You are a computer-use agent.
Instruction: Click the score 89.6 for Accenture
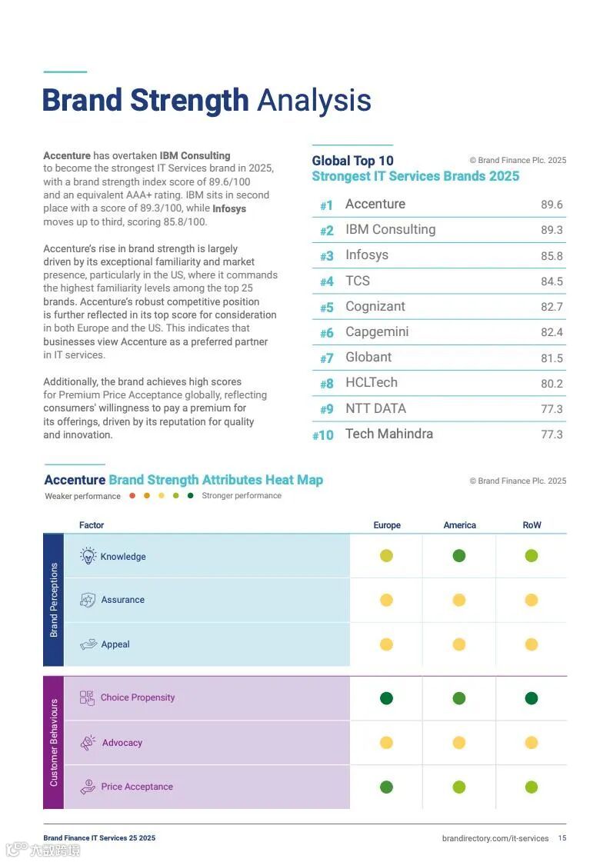point(552,205)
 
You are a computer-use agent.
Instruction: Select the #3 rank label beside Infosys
point(327,256)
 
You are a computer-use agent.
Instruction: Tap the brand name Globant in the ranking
point(368,358)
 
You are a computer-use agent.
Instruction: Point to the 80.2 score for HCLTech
point(552,384)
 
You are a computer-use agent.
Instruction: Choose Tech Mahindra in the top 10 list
point(388,434)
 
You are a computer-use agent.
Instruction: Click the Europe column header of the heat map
point(387,525)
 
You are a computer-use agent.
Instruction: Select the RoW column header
point(532,525)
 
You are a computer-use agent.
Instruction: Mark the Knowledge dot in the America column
point(459,556)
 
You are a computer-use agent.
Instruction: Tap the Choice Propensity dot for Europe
point(386,698)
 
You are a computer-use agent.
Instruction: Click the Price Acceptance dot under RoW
point(532,787)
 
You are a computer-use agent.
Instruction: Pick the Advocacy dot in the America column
point(459,743)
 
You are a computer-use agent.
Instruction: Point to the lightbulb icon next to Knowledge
point(88,556)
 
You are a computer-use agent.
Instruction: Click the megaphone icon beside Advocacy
point(88,743)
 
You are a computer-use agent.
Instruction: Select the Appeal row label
point(115,644)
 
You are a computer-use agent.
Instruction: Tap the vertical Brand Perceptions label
point(54,600)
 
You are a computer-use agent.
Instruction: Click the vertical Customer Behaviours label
point(54,742)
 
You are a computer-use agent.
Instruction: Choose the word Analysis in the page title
point(314,100)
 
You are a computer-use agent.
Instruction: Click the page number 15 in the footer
point(562,838)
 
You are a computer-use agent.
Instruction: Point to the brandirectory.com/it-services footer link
point(495,838)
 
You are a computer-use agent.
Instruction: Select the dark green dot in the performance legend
point(190,496)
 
